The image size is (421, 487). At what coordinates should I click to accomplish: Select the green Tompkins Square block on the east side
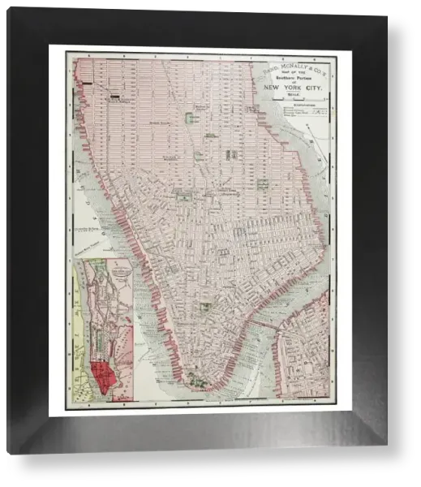[x=262, y=185]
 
